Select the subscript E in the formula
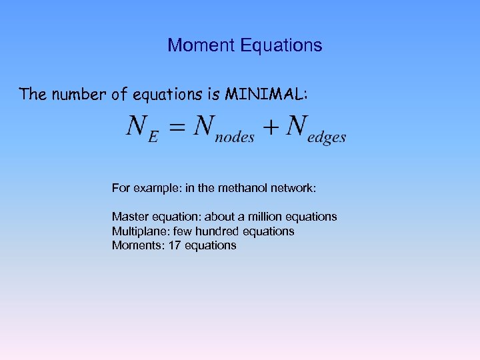(153, 137)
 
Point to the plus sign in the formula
(269, 129)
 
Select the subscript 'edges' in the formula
(327, 137)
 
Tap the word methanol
(240, 188)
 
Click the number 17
(175, 245)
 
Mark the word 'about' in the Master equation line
(218, 217)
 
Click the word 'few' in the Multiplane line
(183, 231)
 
